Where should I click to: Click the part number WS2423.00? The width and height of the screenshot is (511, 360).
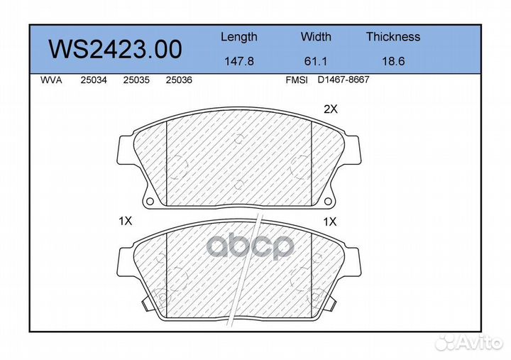(x=116, y=49)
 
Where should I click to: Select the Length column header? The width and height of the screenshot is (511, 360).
(x=239, y=37)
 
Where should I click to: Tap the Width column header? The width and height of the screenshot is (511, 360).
(x=316, y=36)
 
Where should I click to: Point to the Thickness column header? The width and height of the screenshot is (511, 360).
(x=393, y=36)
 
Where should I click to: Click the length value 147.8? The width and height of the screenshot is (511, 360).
(x=239, y=61)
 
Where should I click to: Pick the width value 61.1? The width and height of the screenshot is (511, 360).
(x=315, y=61)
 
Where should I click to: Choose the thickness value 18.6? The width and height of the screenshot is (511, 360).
(x=393, y=61)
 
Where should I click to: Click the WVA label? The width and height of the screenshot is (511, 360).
(x=51, y=80)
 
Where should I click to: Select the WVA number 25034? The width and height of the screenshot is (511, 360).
(x=94, y=80)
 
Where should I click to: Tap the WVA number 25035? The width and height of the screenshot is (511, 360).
(x=136, y=80)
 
